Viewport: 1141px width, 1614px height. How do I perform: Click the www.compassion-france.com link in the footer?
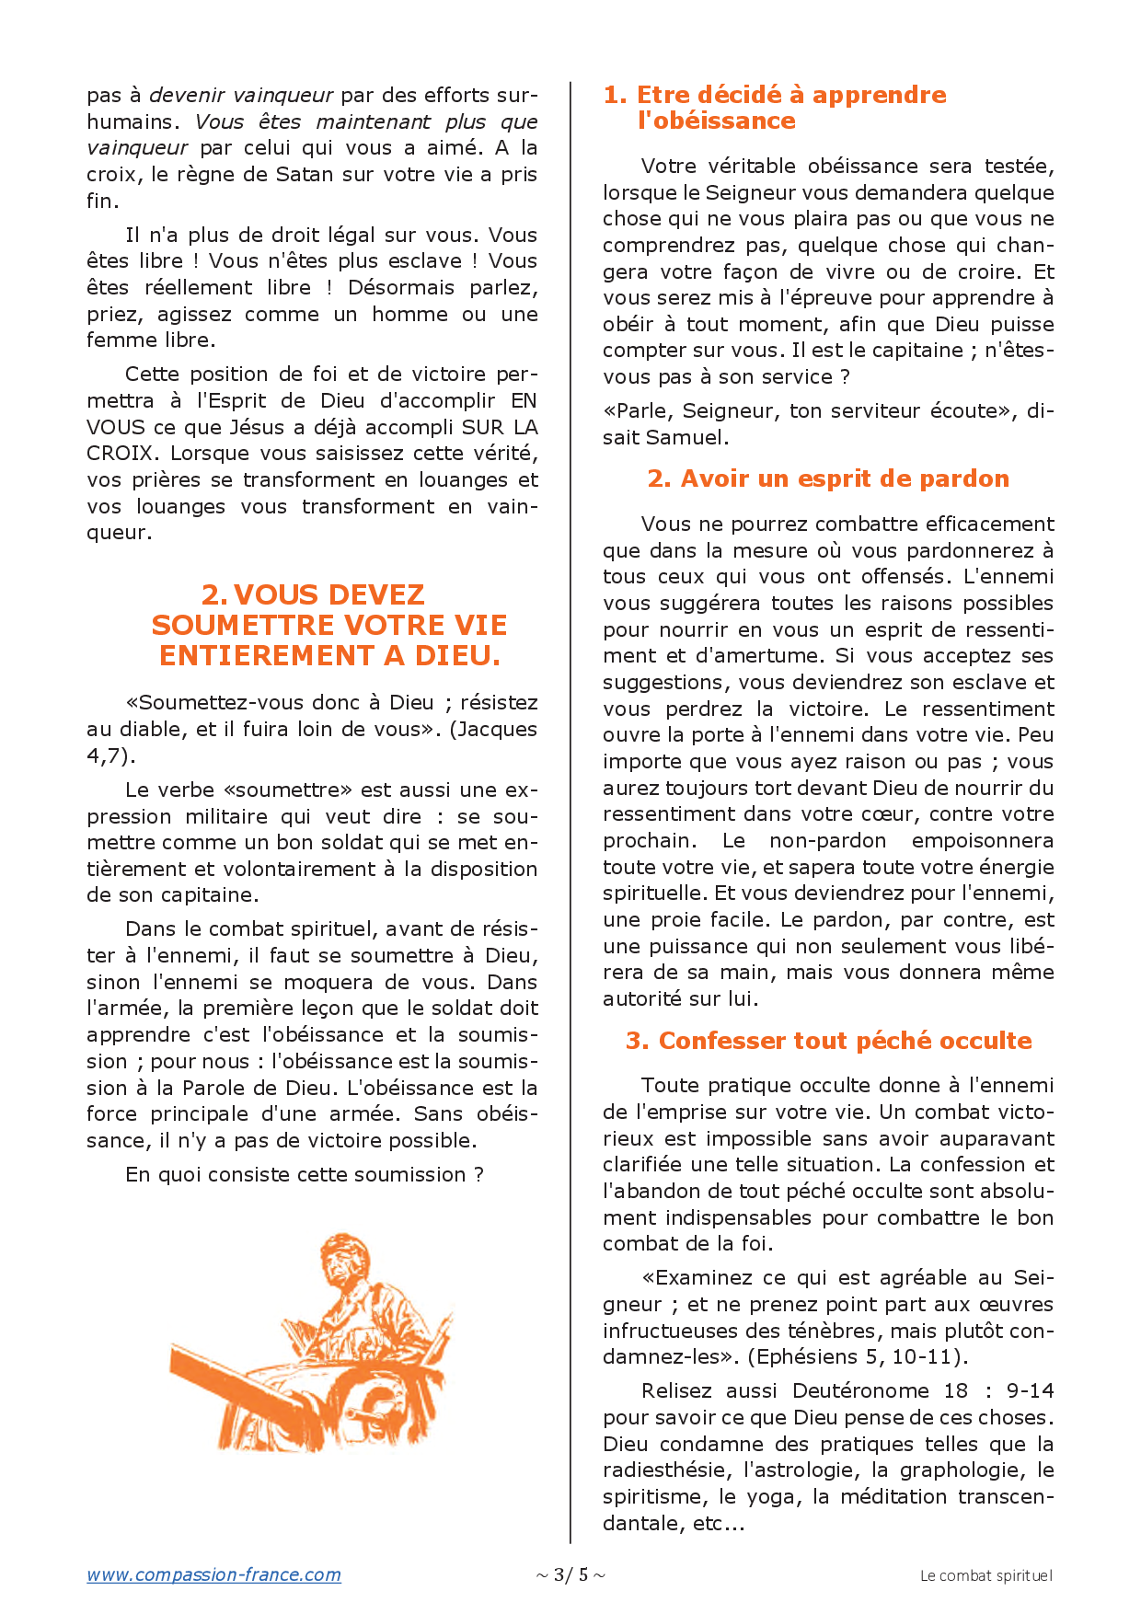point(213,1574)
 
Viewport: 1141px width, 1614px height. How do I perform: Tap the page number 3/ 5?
point(570,1574)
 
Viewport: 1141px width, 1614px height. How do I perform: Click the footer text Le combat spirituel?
point(985,1575)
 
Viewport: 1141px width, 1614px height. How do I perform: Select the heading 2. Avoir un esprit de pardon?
point(828,478)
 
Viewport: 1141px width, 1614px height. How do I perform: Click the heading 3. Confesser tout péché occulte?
point(828,1041)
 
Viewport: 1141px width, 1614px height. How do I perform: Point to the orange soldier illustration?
point(313,1343)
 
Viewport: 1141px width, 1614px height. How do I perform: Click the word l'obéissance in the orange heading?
point(716,121)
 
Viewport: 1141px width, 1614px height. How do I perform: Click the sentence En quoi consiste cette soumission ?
point(304,1175)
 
